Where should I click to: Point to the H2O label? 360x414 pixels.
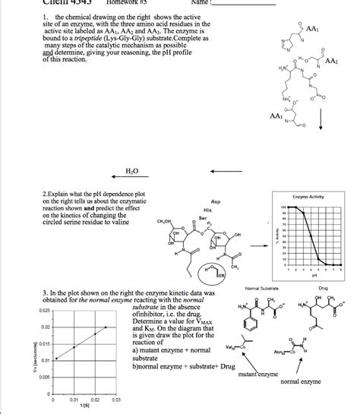coord(132,172)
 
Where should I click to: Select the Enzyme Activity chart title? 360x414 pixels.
coord(308,197)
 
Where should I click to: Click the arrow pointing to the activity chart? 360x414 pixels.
coord(258,235)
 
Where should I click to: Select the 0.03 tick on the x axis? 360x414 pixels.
coord(116,400)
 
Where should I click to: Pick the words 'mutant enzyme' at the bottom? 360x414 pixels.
coord(261,374)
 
